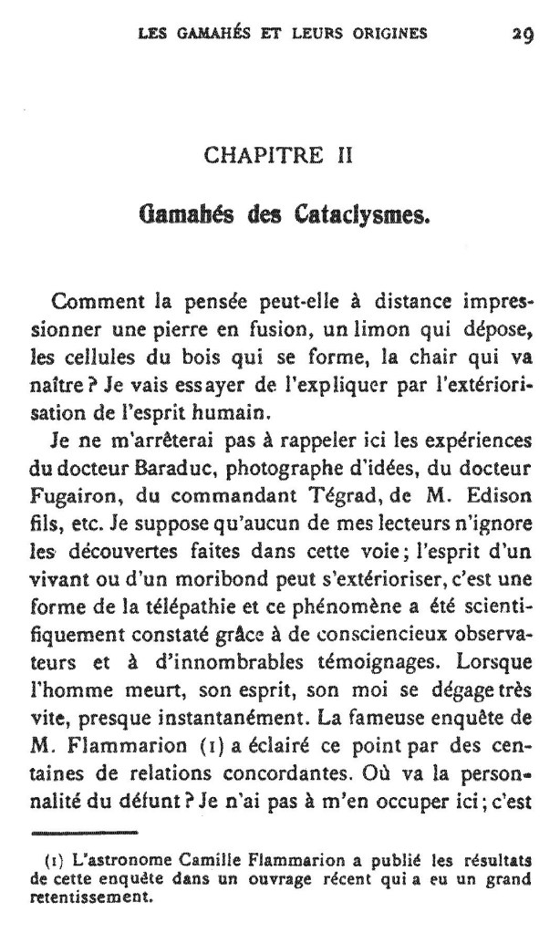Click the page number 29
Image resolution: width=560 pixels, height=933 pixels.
(x=522, y=35)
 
